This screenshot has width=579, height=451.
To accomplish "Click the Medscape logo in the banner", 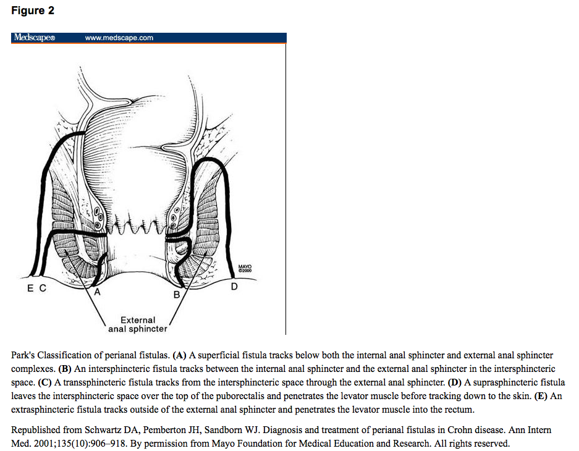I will point(35,38).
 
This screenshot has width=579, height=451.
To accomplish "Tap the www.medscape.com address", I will point(119,38).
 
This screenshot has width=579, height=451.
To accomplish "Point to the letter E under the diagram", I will point(29,288).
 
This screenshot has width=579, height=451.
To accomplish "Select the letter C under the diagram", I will point(42,288).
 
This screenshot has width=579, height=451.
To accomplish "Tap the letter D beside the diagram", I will point(234,287).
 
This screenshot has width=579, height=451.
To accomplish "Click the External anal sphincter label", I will point(137,324).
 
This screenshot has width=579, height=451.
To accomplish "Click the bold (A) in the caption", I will point(180,356).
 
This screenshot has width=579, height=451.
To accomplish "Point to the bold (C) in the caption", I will point(45,382).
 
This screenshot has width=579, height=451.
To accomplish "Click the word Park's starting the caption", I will point(24,356).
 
